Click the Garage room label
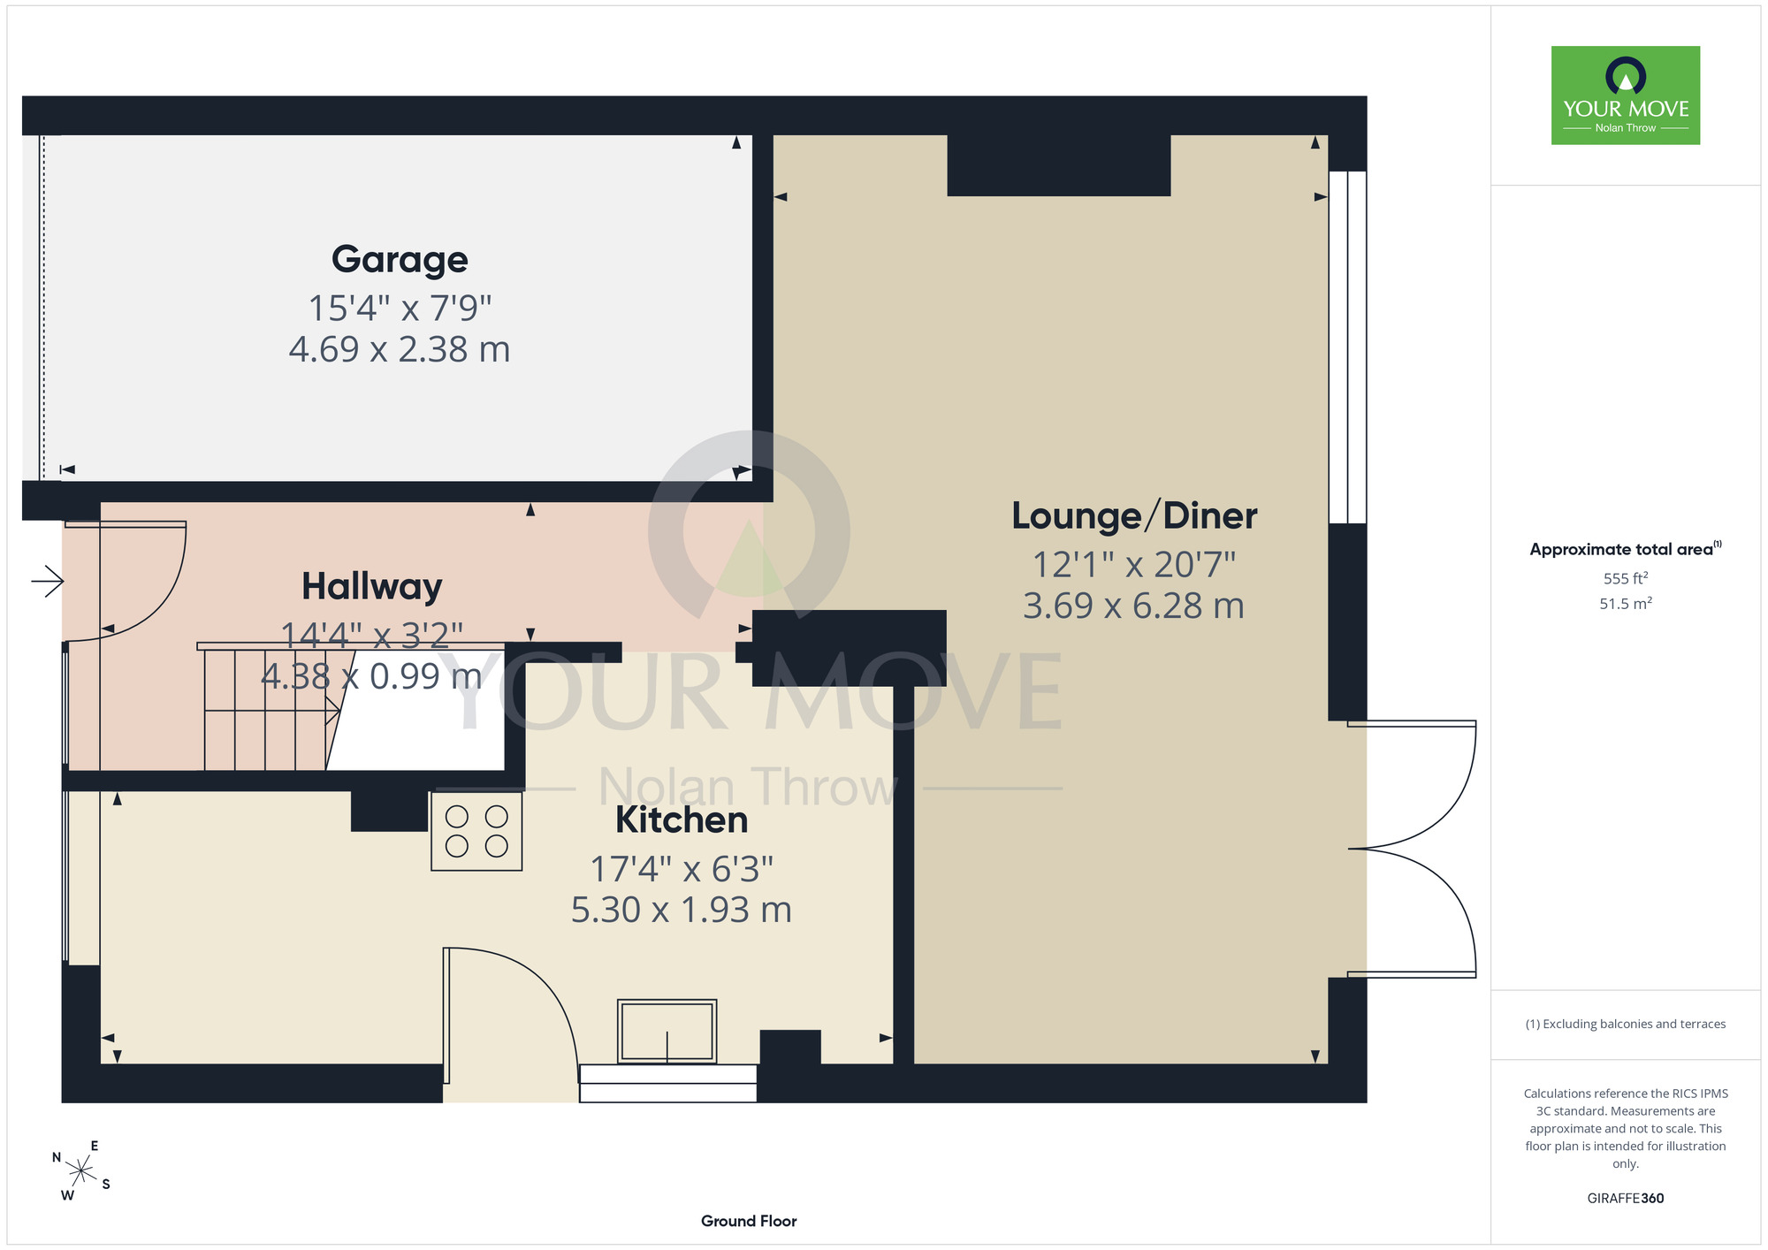pyautogui.click(x=400, y=260)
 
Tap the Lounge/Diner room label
pyautogui.click(x=1134, y=515)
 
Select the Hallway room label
pyautogui.click(x=372, y=587)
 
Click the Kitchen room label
pyautogui.click(x=682, y=819)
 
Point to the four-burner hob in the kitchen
pyautogui.click(x=476, y=831)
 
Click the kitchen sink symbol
pyautogui.click(x=667, y=1031)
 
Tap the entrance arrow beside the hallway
pyautogui.click(x=47, y=581)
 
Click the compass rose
pyautogui.click(x=81, y=1171)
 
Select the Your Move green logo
pyautogui.click(x=1626, y=95)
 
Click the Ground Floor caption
pyautogui.click(x=749, y=1221)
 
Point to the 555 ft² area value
pyautogui.click(x=1626, y=578)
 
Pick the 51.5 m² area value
pyautogui.click(x=1626, y=603)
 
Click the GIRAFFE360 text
pyautogui.click(x=1626, y=1199)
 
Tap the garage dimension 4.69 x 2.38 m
pyautogui.click(x=400, y=349)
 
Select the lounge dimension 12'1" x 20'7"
pyautogui.click(x=1134, y=564)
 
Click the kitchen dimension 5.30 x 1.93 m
pyautogui.click(x=682, y=910)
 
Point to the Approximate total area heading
pyautogui.click(x=1626, y=549)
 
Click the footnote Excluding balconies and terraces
pyautogui.click(x=1626, y=1024)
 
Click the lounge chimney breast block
pyautogui.click(x=1059, y=165)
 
